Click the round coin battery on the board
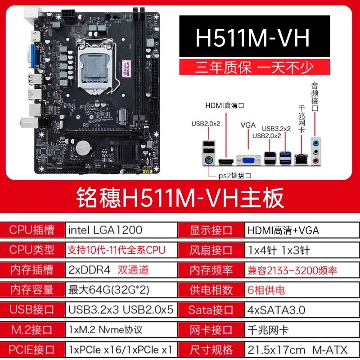83,148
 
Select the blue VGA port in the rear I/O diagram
248,160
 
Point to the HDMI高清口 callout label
225,106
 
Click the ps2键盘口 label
234,175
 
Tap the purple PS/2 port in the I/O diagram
209,160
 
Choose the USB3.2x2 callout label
276,129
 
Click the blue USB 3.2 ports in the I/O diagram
285,158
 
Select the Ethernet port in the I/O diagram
301,159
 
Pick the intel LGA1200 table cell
105,230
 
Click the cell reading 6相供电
266,290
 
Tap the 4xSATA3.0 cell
276,310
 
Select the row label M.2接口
32,330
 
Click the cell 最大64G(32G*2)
108,290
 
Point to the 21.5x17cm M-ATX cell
297,350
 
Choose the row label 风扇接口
211,250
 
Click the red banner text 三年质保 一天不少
254,67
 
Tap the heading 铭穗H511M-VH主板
180,198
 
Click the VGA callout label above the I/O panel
248,125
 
